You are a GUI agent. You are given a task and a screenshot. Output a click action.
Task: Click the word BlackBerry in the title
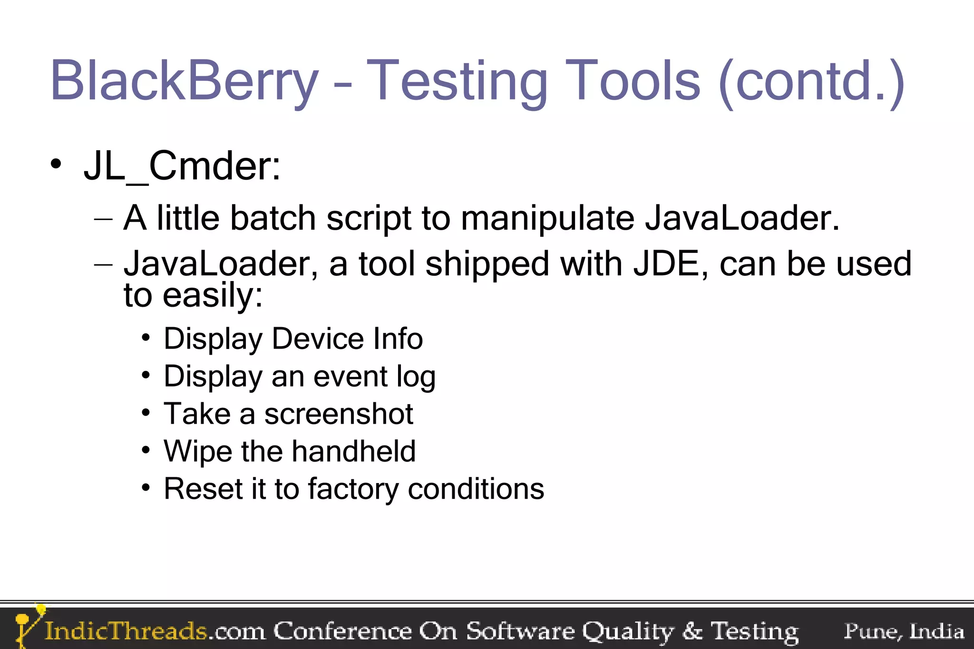[184, 81]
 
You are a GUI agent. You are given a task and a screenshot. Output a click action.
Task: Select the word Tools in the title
[633, 81]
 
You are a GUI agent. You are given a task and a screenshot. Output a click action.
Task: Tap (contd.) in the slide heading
[811, 81]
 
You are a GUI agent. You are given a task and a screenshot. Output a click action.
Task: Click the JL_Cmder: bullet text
[182, 166]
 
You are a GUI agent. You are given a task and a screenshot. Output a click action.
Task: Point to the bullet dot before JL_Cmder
[56, 165]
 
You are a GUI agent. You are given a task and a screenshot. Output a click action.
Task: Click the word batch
[273, 219]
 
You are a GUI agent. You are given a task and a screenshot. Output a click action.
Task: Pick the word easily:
[213, 296]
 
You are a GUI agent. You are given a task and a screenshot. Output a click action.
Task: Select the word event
[351, 377]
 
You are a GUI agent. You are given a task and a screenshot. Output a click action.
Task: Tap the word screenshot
[339, 414]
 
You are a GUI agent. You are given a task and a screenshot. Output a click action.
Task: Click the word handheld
[353, 451]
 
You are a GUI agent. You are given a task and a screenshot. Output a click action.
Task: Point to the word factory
[353, 490]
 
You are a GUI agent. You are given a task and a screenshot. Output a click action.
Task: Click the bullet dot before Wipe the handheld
[146, 450]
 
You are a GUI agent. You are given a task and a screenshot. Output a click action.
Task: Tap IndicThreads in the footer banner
[126, 631]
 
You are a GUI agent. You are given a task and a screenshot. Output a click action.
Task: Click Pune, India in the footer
[904, 631]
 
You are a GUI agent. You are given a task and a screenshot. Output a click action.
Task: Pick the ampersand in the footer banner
[692, 631]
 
